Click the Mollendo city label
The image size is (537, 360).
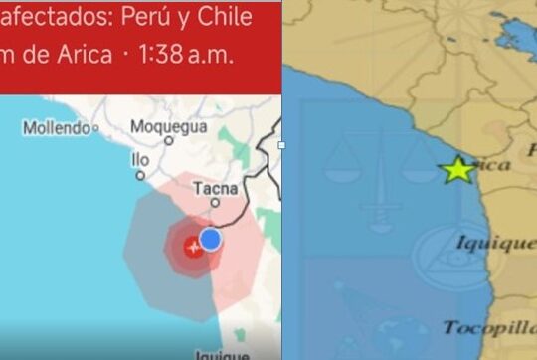click(57, 127)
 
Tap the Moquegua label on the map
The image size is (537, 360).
click(169, 127)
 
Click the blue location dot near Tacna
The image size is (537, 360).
click(210, 239)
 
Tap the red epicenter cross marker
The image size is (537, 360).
click(193, 246)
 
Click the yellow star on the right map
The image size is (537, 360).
click(457, 170)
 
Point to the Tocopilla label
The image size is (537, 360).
click(488, 327)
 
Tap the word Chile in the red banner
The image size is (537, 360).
click(241, 17)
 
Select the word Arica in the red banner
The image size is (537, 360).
click(79, 56)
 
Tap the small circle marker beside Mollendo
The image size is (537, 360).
click(97, 127)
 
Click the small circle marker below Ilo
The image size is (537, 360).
click(139, 173)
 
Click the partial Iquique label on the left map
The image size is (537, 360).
click(223, 354)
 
